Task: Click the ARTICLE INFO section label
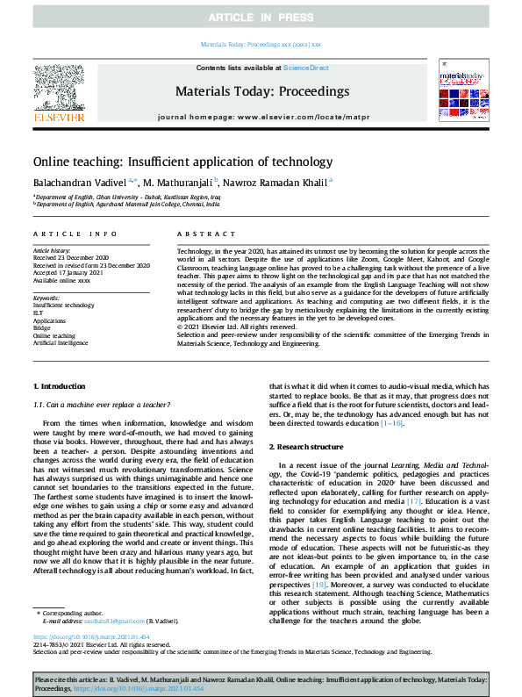pyautogui.click(x=75, y=234)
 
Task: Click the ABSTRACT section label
pyautogui.click(x=201, y=234)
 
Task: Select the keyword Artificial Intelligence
pyautogui.click(x=62, y=343)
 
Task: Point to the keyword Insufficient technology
pyautogui.click(x=63, y=304)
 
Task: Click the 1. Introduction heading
pyautogui.click(x=59, y=386)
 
